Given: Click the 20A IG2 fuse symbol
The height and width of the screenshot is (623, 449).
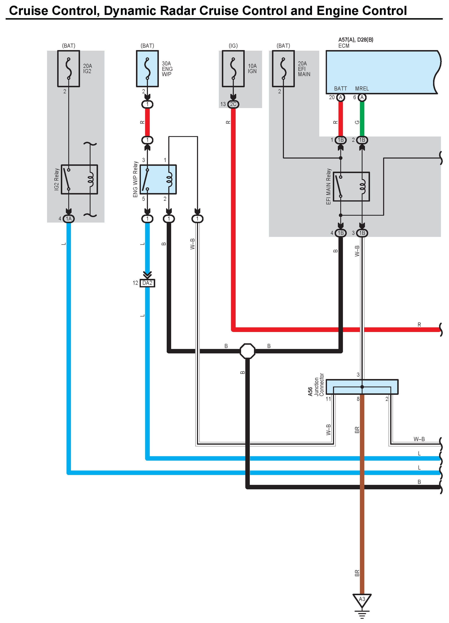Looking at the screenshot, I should click(x=68, y=69).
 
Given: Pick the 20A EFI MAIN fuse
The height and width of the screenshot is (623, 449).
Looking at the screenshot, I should click(x=283, y=69).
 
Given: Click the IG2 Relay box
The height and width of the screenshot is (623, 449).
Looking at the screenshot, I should click(x=79, y=179).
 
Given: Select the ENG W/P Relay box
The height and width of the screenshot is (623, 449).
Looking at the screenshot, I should click(x=158, y=179).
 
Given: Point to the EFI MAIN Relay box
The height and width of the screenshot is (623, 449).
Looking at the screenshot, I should click(x=351, y=187).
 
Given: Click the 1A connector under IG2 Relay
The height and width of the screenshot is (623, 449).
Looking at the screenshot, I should click(x=68, y=219).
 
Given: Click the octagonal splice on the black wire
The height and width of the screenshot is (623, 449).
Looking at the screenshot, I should click(x=247, y=351).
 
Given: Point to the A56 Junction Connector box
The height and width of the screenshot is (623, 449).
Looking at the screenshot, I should click(x=362, y=387).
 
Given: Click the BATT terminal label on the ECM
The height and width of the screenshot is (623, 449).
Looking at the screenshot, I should click(x=340, y=89).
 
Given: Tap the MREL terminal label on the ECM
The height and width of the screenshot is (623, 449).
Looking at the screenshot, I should click(x=362, y=89).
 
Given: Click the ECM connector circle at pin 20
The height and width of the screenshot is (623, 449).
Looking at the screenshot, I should click(x=340, y=97).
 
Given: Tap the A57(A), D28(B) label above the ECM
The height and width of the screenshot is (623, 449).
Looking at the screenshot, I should click(x=356, y=40).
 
